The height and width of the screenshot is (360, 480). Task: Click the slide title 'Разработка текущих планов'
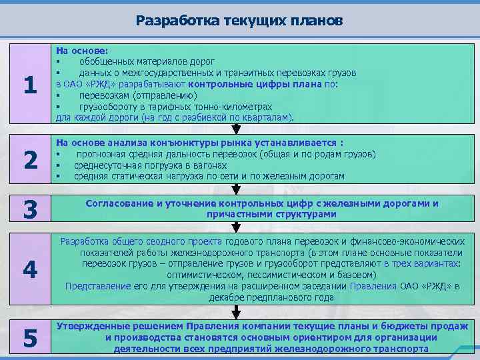click(x=239, y=20)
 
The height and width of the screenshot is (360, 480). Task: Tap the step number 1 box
click(x=29, y=85)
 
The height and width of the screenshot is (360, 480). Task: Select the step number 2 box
click(x=29, y=160)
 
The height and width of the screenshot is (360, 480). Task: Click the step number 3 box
click(x=29, y=209)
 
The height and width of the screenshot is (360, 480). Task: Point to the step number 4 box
click(x=29, y=269)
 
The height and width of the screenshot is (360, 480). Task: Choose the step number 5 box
click(x=29, y=338)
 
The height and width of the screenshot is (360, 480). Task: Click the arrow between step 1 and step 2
click(x=235, y=129)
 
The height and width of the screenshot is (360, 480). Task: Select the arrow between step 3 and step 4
click(x=235, y=228)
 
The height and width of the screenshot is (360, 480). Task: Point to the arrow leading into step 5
click(x=235, y=312)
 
